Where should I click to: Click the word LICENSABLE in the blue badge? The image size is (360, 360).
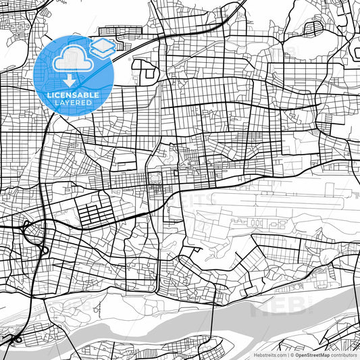(73, 95)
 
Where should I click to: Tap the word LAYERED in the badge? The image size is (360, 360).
(73, 103)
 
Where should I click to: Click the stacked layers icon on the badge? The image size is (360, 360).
(102, 47)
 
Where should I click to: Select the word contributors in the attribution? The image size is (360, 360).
(344, 354)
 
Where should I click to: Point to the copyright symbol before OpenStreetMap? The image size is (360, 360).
(291, 354)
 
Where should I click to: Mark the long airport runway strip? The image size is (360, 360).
(284, 199)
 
